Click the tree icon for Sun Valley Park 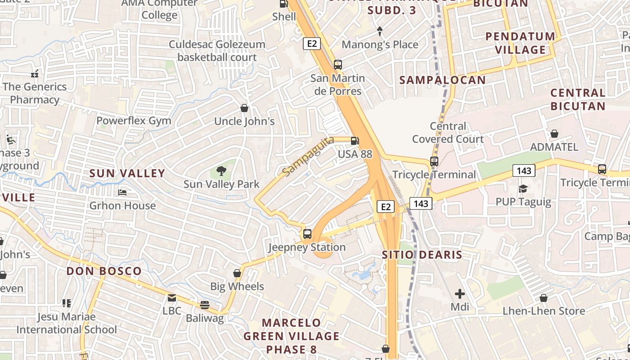pos(221,171)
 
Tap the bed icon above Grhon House pos(122,193)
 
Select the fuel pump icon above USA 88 pos(355,141)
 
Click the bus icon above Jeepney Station pos(307,234)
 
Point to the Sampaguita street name pos(308,156)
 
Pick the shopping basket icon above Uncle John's pos(244,108)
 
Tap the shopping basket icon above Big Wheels pos(237,273)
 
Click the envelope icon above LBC pos(172,297)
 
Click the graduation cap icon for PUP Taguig pos(523,188)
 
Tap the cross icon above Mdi pos(459,294)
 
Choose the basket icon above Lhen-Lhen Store pos(544,297)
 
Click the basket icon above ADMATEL pos(554,134)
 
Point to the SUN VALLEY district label pos(127,173)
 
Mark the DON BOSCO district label pos(104,271)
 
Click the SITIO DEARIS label pos(422,255)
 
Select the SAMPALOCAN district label pos(442,80)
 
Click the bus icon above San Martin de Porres pos(338,65)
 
